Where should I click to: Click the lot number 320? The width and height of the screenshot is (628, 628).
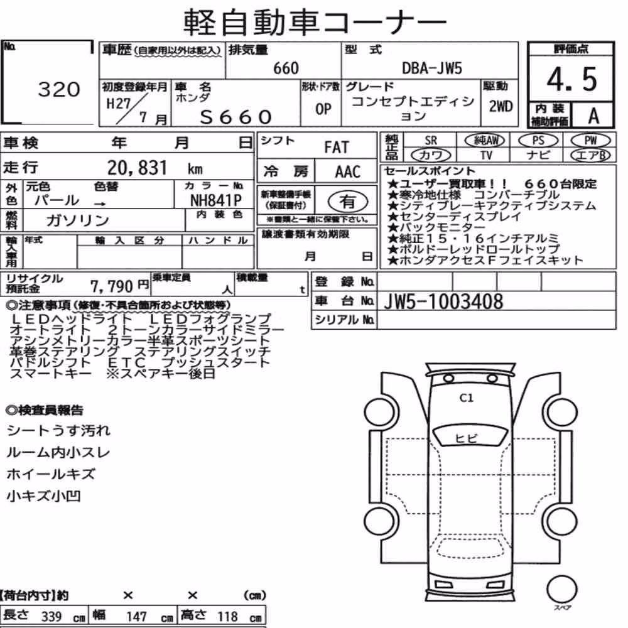click(x=59, y=89)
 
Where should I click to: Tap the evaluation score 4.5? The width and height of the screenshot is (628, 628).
click(x=571, y=79)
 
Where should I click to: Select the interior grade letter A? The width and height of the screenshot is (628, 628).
click(x=593, y=116)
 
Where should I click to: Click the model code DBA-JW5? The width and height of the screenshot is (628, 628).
click(x=432, y=68)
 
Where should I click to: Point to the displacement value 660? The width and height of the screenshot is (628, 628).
click(x=286, y=68)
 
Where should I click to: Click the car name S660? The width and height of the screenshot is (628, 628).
click(x=236, y=117)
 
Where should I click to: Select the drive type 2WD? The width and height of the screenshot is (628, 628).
click(x=501, y=106)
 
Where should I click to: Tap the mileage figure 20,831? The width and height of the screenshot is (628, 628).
click(x=137, y=168)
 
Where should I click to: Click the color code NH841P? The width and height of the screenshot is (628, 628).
click(x=216, y=200)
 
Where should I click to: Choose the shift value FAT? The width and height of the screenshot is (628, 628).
click(x=337, y=148)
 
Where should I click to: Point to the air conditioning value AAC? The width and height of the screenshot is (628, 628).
click(x=348, y=172)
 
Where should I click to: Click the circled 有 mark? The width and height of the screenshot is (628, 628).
click(x=348, y=201)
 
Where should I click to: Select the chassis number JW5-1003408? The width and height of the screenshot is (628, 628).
click(x=443, y=301)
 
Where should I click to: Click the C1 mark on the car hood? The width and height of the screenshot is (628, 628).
click(x=466, y=398)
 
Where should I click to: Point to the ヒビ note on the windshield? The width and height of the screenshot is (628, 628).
click(x=466, y=438)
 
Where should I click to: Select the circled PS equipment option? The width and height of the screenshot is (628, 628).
click(x=538, y=141)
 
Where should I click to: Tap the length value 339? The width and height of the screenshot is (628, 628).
click(x=51, y=617)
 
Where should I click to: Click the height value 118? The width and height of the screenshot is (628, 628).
click(x=227, y=617)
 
